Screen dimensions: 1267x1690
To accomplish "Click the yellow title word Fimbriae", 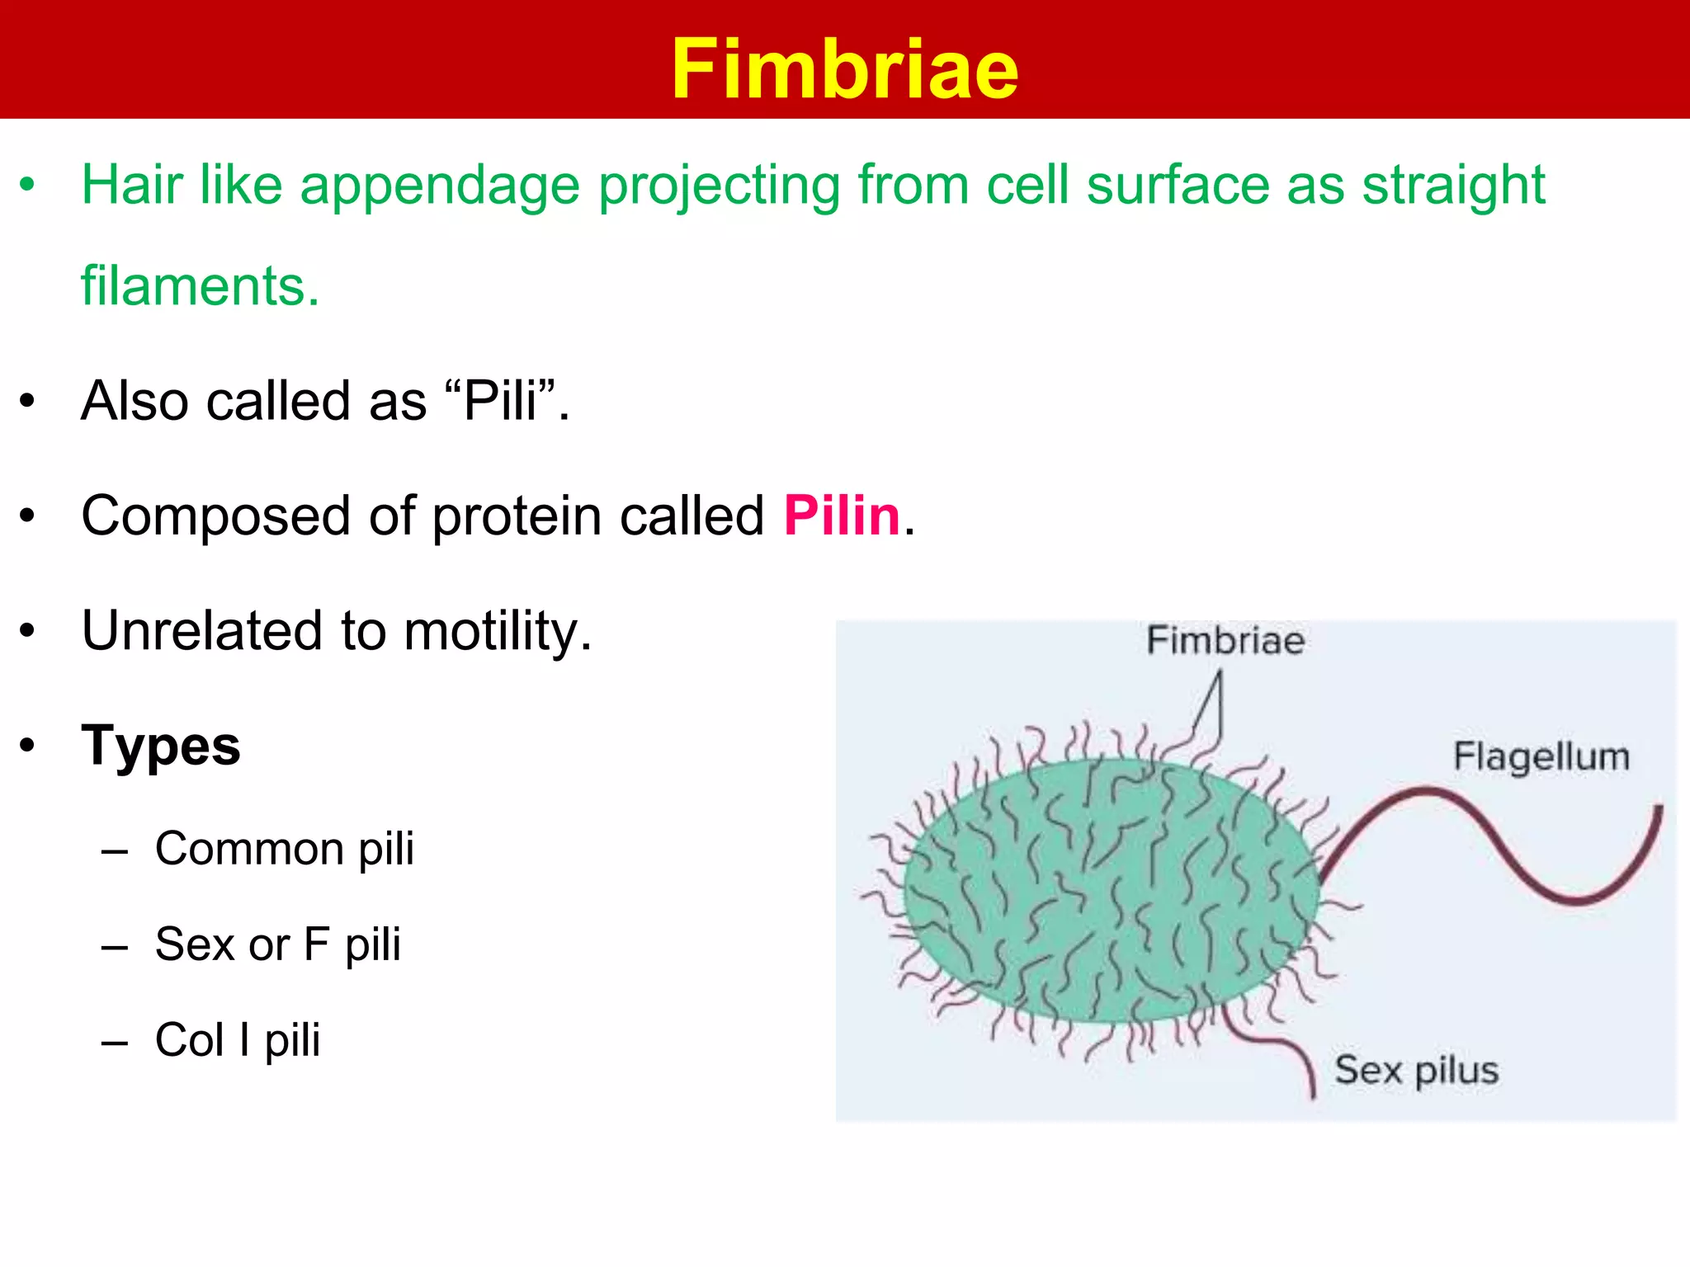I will click(844, 69).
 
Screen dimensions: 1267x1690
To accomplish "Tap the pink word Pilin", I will click(841, 516).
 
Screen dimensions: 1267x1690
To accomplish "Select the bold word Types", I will click(161, 746).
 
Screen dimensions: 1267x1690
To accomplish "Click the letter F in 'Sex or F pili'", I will click(316, 944).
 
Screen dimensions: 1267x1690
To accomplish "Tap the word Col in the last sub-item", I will click(189, 1040).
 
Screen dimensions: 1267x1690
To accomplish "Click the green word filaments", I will click(199, 286).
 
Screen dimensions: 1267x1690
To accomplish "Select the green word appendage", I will click(440, 186).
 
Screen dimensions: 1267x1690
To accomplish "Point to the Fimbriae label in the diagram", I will click(1225, 641).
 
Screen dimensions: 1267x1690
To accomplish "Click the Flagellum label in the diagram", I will click(1541, 756).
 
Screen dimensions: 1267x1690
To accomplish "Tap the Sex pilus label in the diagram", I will click(1416, 1071).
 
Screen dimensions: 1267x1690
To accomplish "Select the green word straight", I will click(1452, 186).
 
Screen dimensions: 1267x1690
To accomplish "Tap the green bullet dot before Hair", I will click(28, 185).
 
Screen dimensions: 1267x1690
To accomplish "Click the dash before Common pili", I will click(115, 850).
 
